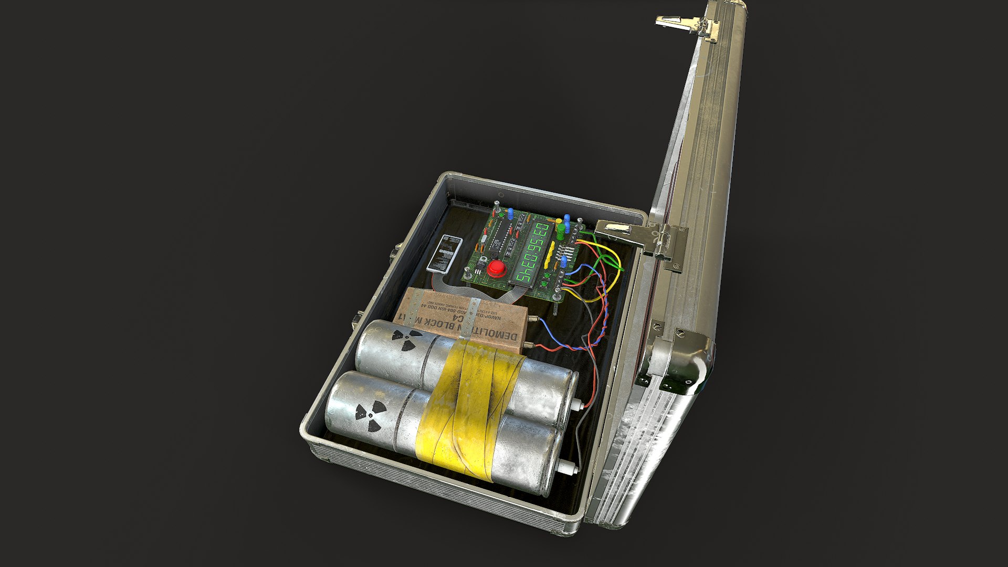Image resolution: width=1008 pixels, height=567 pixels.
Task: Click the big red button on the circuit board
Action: tap(496, 269)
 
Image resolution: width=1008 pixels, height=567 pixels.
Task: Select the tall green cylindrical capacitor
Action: tap(560, 232)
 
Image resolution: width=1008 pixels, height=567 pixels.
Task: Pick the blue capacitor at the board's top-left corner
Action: tap(510, 213)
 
